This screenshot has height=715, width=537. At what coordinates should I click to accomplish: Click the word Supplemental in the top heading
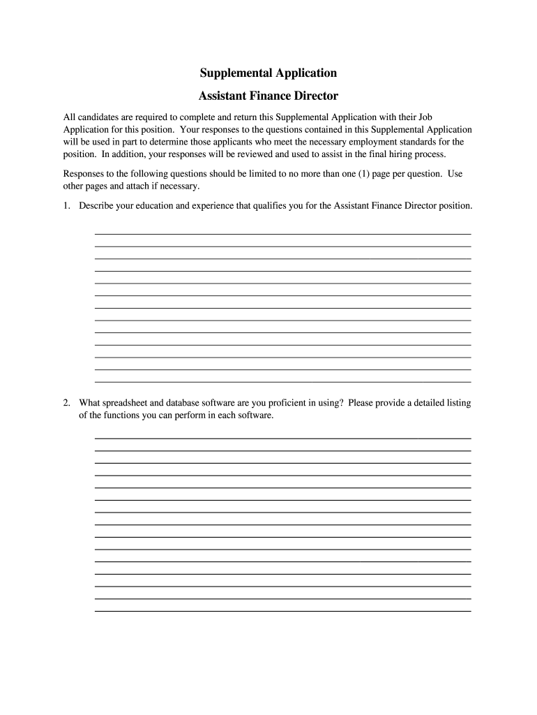(232, 73)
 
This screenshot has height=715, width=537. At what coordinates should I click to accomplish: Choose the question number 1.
(67, 206)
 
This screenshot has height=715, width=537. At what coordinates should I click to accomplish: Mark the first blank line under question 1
(282, 234)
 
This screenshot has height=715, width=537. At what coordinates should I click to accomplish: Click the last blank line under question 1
(282, 381)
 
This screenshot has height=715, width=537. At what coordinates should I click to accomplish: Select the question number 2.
(67, 403)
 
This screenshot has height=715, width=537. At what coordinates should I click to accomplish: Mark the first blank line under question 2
(282, 438)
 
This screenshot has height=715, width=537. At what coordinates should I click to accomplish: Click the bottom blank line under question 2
(282, 611)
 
